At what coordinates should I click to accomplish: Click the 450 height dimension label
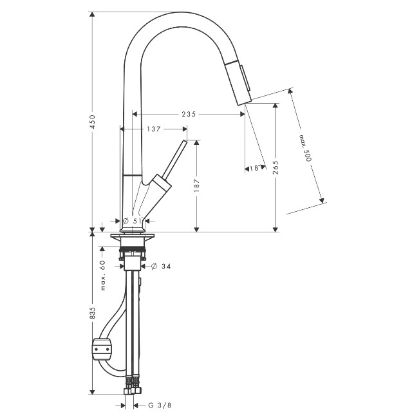[x=92, y=122]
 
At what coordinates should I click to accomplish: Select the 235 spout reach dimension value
[x=189, y=114]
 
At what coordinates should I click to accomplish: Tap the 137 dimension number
[x=154, y=129]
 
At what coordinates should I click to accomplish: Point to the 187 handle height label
[x=196, y=185]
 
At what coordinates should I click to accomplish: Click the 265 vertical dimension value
[x=276, y=167]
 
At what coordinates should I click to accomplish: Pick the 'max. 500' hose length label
[x=305, y=148]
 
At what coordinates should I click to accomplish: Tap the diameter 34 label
[x=161, y=267]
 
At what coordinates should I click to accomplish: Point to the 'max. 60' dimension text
[x=103, y=275]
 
